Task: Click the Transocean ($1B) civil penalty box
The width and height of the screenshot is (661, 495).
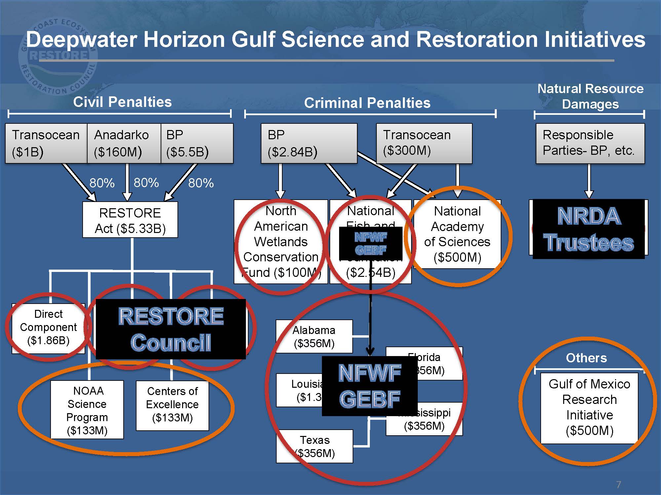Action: pos(46,143)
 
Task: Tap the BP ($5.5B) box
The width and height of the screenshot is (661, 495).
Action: pos(197,143)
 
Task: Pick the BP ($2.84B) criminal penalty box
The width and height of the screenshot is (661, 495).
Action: pos(309,143)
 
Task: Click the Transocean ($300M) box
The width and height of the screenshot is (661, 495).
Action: pos(424,143)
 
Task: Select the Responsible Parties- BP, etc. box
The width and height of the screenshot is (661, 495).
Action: pos(590,143)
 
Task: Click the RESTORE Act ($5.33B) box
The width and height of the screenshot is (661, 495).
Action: pos(130,220)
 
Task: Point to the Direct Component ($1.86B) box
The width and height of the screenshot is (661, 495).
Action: pos(48,327)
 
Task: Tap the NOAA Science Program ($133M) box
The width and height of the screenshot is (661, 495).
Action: pos(87,410)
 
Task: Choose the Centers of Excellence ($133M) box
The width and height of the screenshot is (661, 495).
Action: pos(172,405)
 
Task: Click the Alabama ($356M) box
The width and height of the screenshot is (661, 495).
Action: pos(314,336)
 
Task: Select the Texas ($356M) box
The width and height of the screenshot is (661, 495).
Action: pos(314,446)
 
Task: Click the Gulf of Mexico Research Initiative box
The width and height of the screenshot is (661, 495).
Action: pos(589,408)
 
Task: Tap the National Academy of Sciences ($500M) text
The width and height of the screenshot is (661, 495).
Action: pos(457,234)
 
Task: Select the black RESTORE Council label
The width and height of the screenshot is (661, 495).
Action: pos(171,329)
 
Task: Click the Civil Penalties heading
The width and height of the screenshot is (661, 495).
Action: pos(122,102)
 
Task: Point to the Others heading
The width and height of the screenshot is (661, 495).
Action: pos(586,358)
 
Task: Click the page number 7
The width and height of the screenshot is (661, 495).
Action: pos(618,484)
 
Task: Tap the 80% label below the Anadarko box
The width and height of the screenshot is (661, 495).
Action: pos(146,182)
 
